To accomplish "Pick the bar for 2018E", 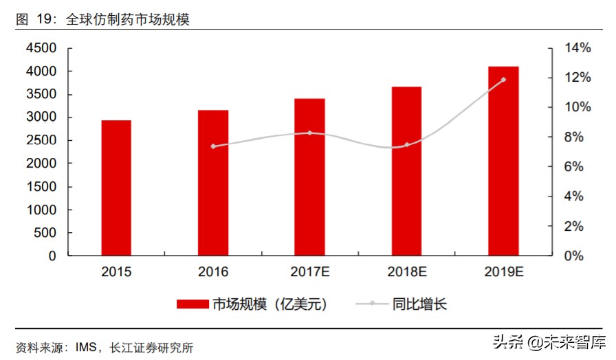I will pyautogui.click(x=407, y=171).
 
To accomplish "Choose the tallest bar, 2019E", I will pyautogui.click(x=503, y=161).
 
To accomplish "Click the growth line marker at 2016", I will pyautogui.click(x=213, y=146).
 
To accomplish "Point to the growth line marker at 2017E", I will pyautogui.click(x=310, y=133).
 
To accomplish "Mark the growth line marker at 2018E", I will pyautogui.click(x=407, y=145).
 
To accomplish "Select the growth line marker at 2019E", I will pyautogui.click(x=503, y=80).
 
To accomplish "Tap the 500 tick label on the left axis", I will pyautogui.click(x=45, y=233).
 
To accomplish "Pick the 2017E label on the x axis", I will pyautogui.click(x=310, y=272).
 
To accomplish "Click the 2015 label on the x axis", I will pyautogui.click(x=116, y=272).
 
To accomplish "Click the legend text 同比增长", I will pyautogui.click(x=419, y=304).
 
